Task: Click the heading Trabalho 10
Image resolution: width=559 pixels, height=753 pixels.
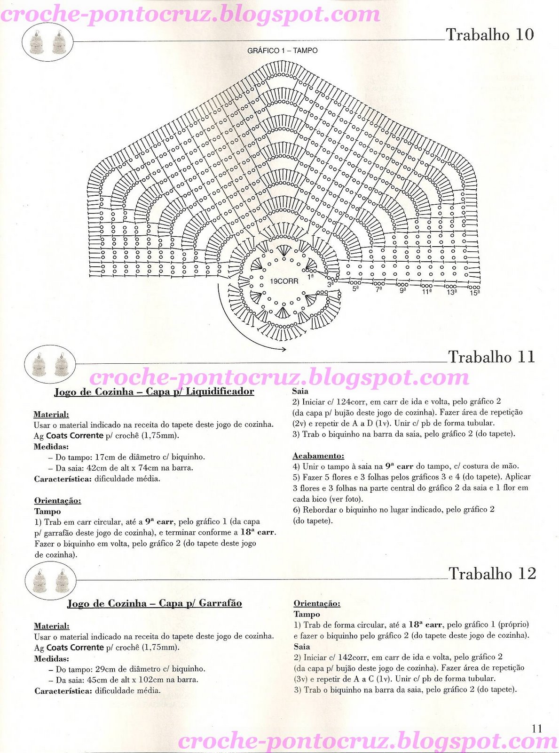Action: tap(489, 34)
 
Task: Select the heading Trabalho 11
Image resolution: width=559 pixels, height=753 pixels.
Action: tap(491, 357)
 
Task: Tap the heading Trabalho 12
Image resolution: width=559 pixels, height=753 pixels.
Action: tap(492, 573)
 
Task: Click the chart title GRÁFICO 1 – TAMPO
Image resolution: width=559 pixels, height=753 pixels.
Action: tap(282, 51)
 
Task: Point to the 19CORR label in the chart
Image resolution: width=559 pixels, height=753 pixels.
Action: tap(284, 281)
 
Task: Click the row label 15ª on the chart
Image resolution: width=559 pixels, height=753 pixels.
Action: tap(474, 293)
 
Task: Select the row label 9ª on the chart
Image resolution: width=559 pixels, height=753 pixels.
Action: tap(403, 291)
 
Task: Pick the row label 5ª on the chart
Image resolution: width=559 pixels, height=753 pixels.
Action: tap(356, 288)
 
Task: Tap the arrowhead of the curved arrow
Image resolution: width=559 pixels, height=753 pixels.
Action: tap(283, 349)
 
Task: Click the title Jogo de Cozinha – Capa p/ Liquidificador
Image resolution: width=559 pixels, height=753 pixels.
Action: tap(154, 392)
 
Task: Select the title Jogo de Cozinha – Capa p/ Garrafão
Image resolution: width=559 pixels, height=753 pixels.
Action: tap(154, 603)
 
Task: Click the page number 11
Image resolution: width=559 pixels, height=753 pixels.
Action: tap(537, 729)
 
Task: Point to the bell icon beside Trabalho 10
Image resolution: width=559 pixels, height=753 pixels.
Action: tap(47, 42)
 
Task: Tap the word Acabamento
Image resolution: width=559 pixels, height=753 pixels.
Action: tap(318, 456)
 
